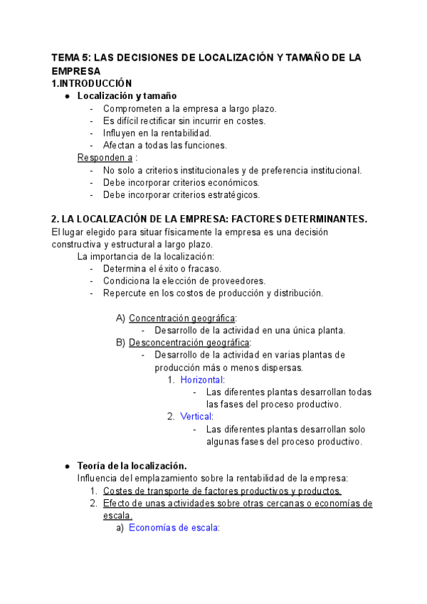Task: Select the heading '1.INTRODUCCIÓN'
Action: pos(92,83)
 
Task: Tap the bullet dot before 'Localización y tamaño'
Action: pos(67,96)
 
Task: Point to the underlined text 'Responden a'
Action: pos(105,157)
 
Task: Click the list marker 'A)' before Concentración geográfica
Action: pos(120,318)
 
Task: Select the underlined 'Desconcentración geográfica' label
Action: pos(189,343)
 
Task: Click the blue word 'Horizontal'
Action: pos(201,380)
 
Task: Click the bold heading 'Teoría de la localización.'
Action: pos(132,466)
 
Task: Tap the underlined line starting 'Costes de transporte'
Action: pos(222,491)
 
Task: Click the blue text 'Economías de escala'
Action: pos(173,528)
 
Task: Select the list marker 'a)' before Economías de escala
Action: pos(120,528)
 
